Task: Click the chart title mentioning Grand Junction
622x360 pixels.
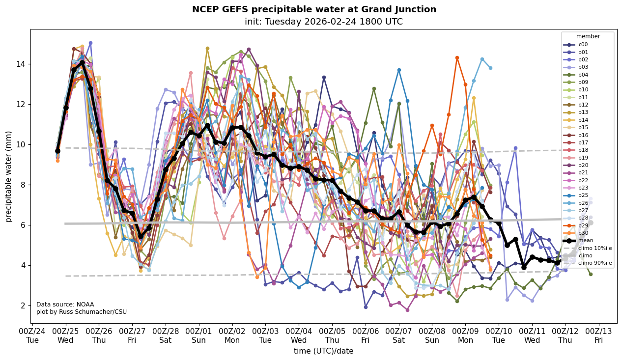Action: (x=314, y=9)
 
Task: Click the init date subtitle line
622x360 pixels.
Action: (x=323, y=22)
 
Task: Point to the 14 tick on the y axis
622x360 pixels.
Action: (x=22, y=64)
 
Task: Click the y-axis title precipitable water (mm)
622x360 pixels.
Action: (x=9, y=176)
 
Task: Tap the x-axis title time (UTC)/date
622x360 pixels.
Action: (x=323, y=351)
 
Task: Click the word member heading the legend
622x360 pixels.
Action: (x=588, y=36)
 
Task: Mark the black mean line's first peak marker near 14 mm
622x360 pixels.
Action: (x=82, y=63)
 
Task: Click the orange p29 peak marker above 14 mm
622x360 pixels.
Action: (x=457, y=58)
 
